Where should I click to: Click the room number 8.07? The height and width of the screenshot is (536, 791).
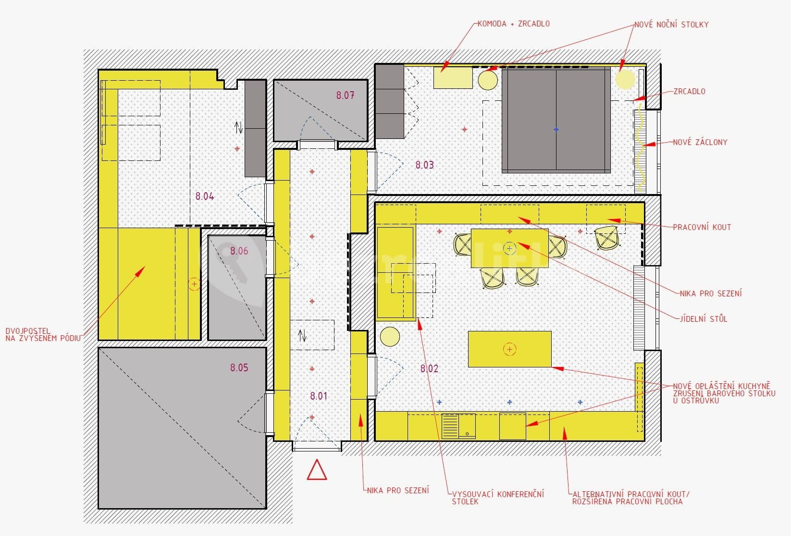pyautogui.click(x=345, y=96)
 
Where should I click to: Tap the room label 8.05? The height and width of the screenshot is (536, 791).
pyautogui.click(x=239, y=368)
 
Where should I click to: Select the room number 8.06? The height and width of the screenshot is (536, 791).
pyautogui.click(x=239, y=251)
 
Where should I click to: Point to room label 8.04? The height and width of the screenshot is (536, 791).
pyautogui.click(x=205, y=196)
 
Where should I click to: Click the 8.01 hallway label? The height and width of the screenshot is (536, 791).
pyautogui.click(x=318, y=396)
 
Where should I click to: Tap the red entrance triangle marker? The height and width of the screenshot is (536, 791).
pyautogui.click(x=317, y=471)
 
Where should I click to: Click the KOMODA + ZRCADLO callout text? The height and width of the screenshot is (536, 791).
pyautogui.click(x=513, y=24)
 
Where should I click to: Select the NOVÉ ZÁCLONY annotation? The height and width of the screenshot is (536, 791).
pyautogui.click(x=700, y=142)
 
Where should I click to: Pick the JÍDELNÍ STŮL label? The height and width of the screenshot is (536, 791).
pyautogui.click(x=704, y=318)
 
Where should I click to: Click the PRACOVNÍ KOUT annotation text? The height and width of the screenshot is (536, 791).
pyautogui.click(x=702, y=227)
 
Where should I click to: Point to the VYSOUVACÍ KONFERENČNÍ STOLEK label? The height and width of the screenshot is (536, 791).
pyautogui.click(x=497, y=498)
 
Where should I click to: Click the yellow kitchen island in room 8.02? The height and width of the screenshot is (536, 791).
pyautogui.click(x=509, y=349)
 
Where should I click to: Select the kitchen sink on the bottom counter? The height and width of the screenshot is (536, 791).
pyautogui.click(x=458, y=426)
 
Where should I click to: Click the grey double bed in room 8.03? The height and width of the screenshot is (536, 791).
pyautogui.click(x=556, y=120)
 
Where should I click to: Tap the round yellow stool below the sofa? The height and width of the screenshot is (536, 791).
pyautogui.click(x=390, y=337)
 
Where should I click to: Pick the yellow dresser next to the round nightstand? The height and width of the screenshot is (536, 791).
pyautogui.click(x=453, y=78)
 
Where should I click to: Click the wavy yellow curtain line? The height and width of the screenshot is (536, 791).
pyautogui.click(x=640, y=149)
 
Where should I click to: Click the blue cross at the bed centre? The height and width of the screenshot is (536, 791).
pyautogui.click(x=556, y=130)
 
